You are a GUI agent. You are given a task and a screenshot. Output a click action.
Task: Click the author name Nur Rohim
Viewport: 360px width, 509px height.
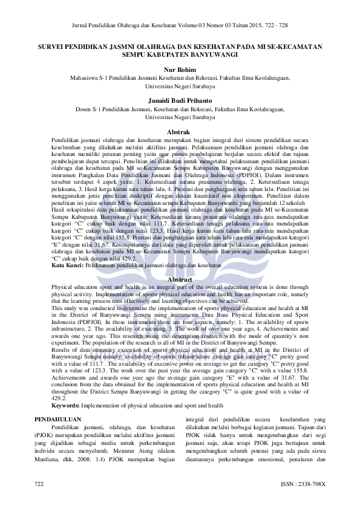(180, 70)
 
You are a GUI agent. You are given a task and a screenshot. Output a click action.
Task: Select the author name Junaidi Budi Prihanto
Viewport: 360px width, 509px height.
(180, 100)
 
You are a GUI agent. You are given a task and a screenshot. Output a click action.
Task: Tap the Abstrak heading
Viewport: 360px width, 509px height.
(180, 132)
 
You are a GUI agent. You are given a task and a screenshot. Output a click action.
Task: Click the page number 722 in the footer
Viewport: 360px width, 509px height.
(39, 484)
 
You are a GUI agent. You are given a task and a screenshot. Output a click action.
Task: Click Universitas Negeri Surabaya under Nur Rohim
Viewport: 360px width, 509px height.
(180, 85)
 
